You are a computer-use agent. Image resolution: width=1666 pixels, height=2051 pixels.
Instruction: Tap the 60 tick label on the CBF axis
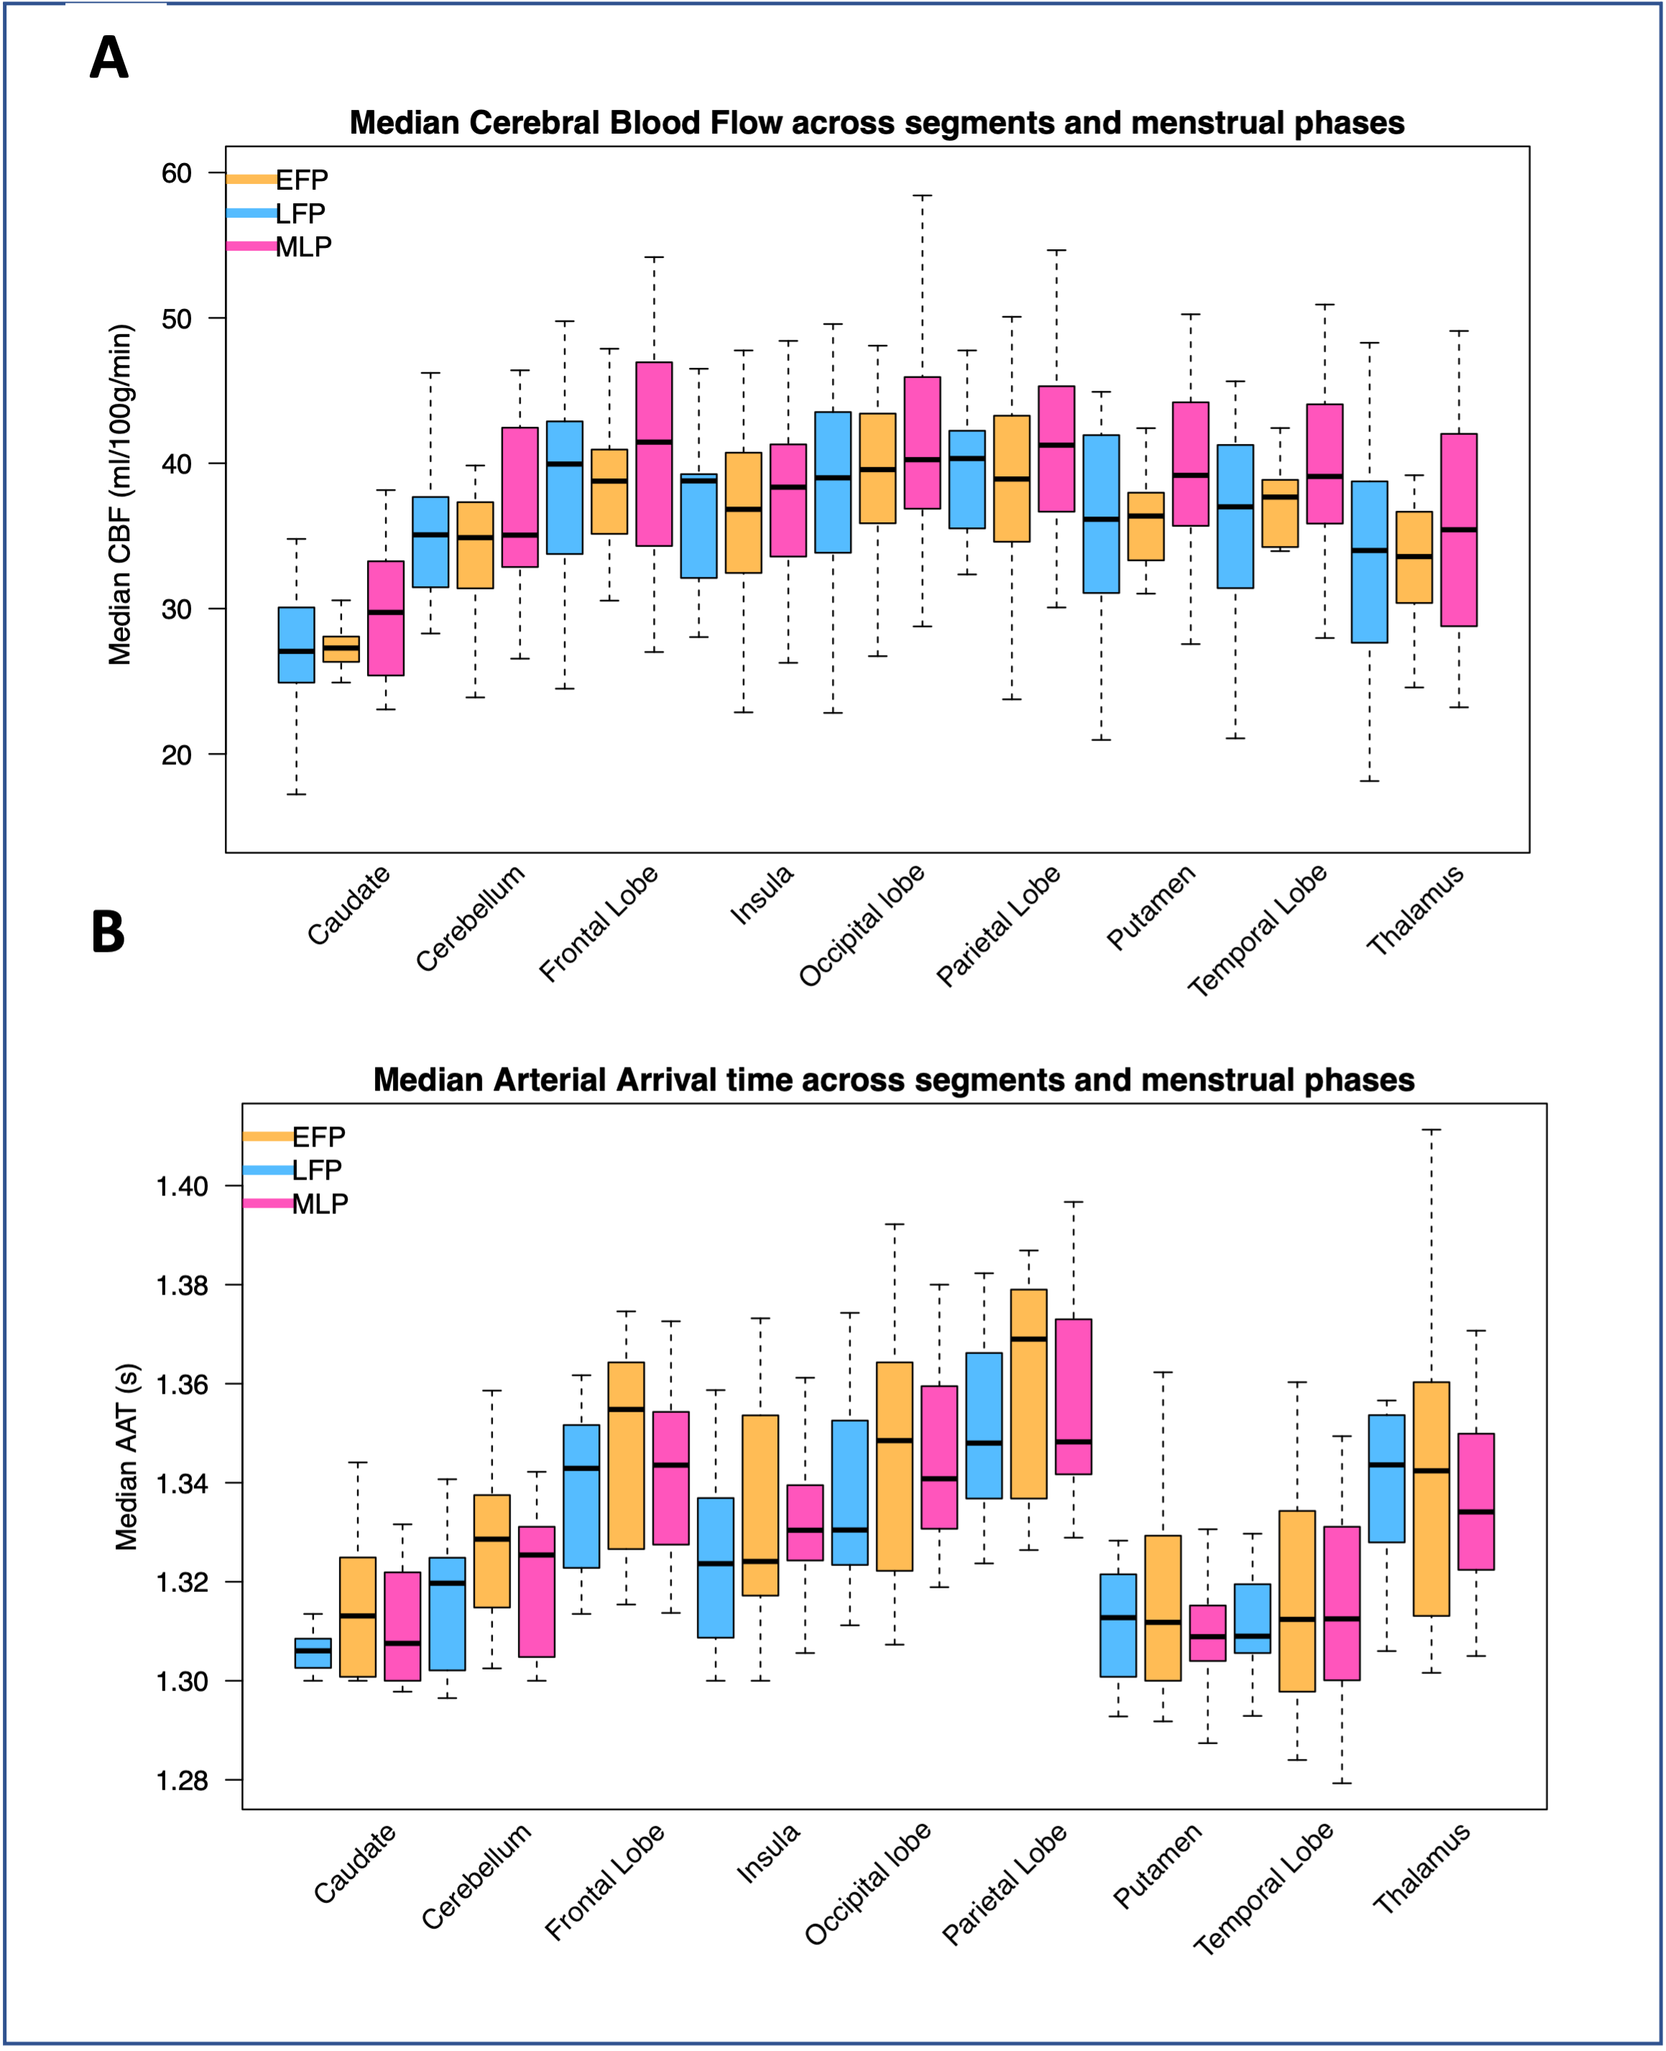point(177,174)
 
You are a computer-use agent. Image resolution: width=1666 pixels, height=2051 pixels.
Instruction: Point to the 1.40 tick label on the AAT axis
point(182,1186)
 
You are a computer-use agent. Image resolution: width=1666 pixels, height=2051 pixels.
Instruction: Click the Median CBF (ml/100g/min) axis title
point(120,495)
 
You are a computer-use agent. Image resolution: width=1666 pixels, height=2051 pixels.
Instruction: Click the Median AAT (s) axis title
point(126,1456)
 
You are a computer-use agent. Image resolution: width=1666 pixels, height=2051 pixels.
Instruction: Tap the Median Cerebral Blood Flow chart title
point(876,123)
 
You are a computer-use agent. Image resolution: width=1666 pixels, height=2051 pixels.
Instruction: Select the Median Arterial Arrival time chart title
point(894,1080)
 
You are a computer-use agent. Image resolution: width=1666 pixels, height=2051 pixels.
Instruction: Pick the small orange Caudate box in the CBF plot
point(341,649)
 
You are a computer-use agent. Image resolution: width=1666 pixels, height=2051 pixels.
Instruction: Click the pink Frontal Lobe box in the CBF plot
point(654,453)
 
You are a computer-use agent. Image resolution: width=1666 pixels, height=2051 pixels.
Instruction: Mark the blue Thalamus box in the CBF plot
point(1369,562)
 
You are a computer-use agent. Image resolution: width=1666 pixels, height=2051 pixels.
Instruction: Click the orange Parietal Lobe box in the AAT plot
point(1029,1394)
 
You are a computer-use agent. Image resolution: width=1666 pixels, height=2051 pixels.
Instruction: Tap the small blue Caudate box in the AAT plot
point(313,1653)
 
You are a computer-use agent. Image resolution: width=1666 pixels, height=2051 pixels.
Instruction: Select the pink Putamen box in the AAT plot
point(1207,1633)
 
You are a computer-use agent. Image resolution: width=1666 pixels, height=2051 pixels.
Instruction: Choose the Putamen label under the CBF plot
point(1152,907)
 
